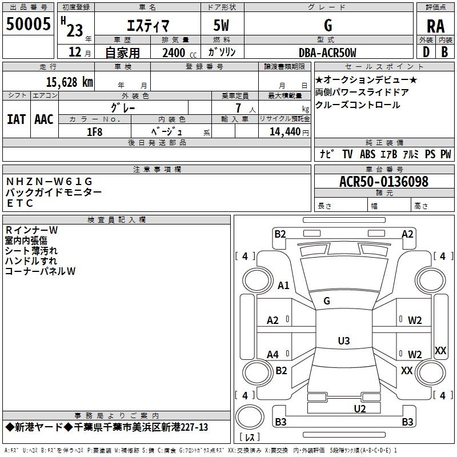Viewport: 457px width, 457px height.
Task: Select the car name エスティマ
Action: pyautogui.click(x=146, y=26)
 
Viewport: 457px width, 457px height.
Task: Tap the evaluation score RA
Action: pyautogui.click(x=435, y=26)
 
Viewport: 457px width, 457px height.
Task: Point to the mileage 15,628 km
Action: pyautogui.click(x=67, y=82)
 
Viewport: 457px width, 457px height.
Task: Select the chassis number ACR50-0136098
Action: pyautogui.click(x=383, y=182)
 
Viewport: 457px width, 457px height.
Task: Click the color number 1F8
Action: pyautogui.click(x=94, y=131)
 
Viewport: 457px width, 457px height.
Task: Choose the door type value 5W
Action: pyautogui.click(x=222, y=26)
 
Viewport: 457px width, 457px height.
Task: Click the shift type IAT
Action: pyautogui.click(x=16, y=119)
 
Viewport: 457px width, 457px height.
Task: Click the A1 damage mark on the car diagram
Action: pyautogui.click(x=283, y=286)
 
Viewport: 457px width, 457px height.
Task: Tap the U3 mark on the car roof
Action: pyautogui.click(x=343, y=341)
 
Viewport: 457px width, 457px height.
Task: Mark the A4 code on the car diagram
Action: pyautogui.click(x=273, y=355)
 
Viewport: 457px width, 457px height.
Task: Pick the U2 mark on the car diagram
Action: pyautogui.click(x=359, y=408)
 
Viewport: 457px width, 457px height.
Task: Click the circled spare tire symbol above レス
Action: pyautogui.click(x=249, y=415)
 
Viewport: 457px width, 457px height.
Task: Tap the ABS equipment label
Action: pyautogui.click(x=367, y=154)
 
